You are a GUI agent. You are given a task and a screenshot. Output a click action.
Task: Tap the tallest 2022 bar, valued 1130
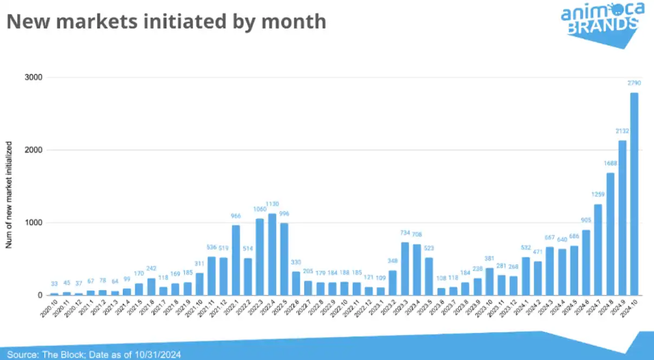[272, 254]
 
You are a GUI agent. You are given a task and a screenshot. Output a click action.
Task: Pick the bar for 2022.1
[236, 260]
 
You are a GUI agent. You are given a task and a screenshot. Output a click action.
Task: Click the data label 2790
[634, 83]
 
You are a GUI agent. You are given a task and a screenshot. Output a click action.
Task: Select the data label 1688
[610, 163]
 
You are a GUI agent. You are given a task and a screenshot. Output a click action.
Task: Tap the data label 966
[236, 216]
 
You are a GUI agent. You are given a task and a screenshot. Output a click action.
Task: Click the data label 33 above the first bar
[54, 284]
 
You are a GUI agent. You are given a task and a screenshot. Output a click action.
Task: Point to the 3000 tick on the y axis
[34, 78]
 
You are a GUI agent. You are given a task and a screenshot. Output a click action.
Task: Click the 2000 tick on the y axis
[34, 150]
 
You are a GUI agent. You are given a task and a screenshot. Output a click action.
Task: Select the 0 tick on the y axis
[40, 295]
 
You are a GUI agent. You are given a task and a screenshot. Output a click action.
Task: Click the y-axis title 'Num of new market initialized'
[9, 195]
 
